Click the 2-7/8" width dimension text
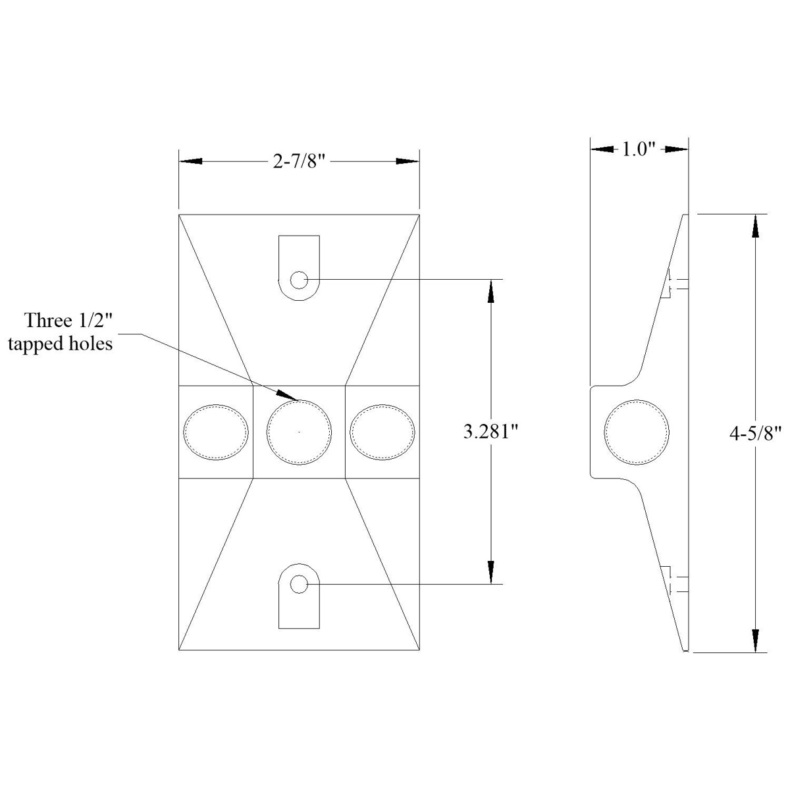pyautogui.click(x=300, y=162)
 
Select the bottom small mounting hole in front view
pyautogui.click(x=298, y=584)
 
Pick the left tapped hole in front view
pyautogui.click(x=216, y=432)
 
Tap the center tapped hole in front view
pyautogui.click(x=299, y=432)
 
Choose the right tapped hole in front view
pyautogui.click(x=382, y=432)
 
